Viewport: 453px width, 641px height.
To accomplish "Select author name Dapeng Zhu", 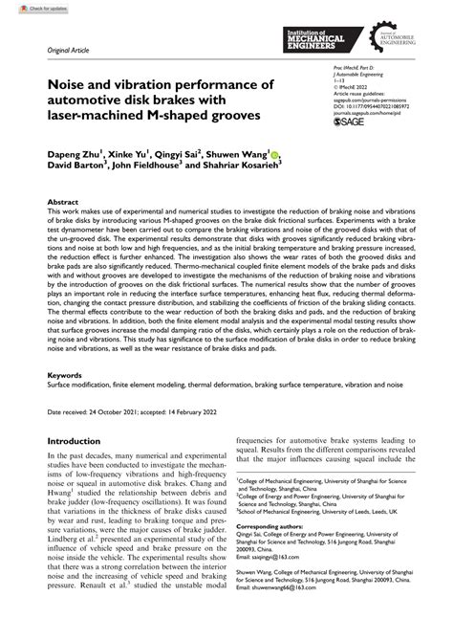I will [x=63, y=153].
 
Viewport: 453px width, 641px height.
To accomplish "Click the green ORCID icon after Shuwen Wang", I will [x=274, y=153].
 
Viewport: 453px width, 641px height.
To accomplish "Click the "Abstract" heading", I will [x=62, y=203].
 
